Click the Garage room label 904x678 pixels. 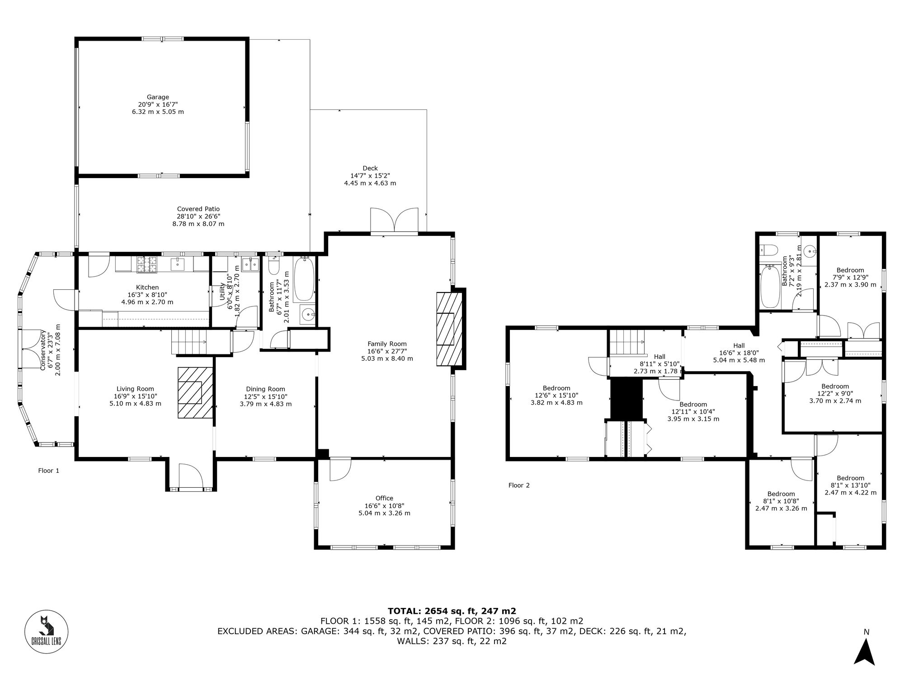pos(158,97)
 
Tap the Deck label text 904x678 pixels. pos(370,168)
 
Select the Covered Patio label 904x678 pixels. pos(198,209)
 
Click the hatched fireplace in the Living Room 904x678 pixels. pos(195,392)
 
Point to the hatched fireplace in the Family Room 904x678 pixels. pos(449,329)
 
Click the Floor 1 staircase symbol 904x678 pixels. pos(188,342)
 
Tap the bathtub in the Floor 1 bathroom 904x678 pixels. pos(303,279)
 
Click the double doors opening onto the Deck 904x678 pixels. pos(394,221)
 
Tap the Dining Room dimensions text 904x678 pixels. pos(266,396)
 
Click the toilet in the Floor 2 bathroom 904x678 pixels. pos(768,250)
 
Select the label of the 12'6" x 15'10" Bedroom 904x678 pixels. pos(556,388)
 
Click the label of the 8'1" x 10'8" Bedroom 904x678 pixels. pos(781,494)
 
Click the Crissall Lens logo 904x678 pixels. pos(46,631)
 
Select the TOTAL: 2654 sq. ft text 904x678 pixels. pos(452,611)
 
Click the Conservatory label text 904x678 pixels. pos(43,350)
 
